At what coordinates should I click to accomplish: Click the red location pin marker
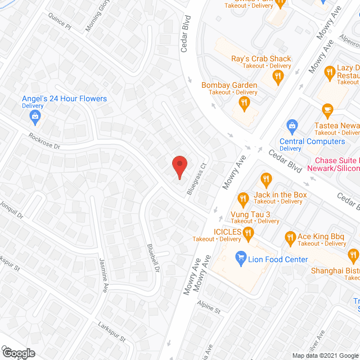point(179,166)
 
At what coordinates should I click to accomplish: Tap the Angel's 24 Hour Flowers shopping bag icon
point(35,116)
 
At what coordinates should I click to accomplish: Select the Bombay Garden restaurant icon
point(244,102)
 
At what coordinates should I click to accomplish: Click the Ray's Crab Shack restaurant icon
point(277,76)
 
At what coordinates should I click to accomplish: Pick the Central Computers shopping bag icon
point(292,124)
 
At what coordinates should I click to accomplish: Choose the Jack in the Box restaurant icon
point(267,180)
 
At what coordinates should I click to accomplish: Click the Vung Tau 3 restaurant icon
point(243,199)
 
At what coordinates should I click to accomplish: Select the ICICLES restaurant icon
point(247,232)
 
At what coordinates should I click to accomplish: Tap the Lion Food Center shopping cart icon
point(241,259)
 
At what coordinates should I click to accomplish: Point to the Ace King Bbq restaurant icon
point(290,237)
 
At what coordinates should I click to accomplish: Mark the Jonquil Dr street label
point(11,210)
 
